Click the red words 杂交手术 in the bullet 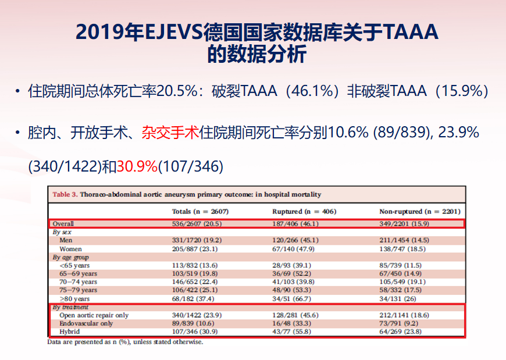pos(170,133)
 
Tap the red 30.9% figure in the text pos(137,166)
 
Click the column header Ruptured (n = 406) pos(304,211)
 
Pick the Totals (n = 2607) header pos(201,211)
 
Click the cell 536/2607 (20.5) pos(200,223)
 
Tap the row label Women pos(71,248)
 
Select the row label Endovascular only pos(86,323)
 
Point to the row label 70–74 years pos(79,281)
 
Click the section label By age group pos(72,256)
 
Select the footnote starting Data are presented pos(126,342)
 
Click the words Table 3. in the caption pos(65,194)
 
